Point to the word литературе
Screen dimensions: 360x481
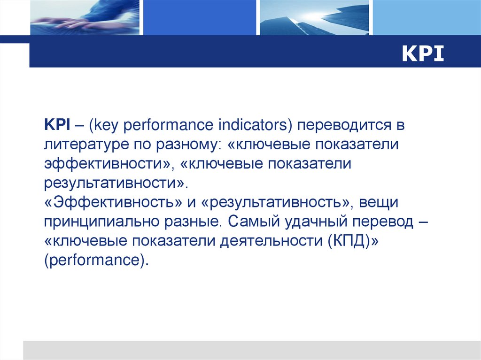85,144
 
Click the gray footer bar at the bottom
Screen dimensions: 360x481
251,350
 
